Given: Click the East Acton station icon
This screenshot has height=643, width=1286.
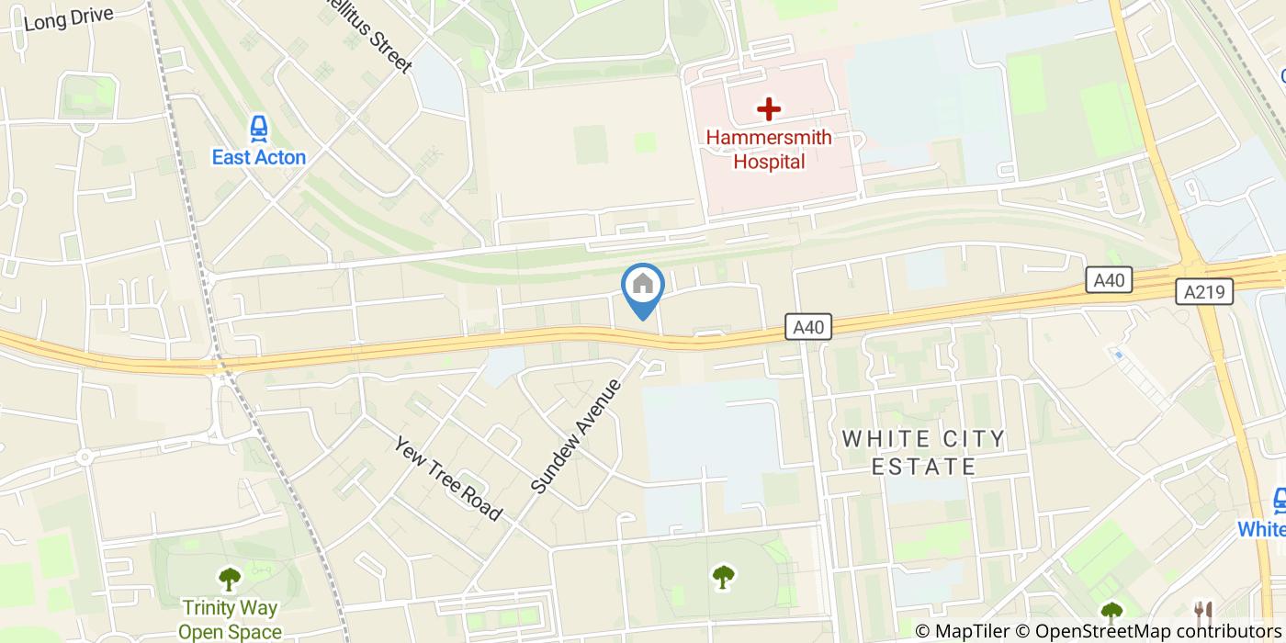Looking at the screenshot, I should (x=259, y=128).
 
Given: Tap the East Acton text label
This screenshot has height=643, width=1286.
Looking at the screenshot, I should (x=259, y=157).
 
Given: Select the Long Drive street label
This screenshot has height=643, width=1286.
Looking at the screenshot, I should (x=69, y=17).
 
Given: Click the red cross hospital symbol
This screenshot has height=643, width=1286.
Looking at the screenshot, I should (x=769, y=109).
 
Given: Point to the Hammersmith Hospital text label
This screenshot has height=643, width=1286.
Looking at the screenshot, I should (x=769, y=150).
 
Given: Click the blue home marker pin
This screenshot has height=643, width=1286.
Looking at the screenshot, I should (x=643, y=288).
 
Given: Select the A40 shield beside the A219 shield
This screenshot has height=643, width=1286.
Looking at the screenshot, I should (x=1110, y=280).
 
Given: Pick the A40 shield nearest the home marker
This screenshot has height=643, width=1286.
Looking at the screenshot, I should (x=808, y=326).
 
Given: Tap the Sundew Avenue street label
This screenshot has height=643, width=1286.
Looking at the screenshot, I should (x=576, y=436).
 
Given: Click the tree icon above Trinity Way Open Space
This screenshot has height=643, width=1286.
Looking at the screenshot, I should (x=229, y=579).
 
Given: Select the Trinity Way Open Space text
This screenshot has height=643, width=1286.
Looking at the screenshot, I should (x=230, y=619).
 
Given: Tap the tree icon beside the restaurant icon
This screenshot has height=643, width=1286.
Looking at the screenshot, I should (x=1111, y=610).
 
